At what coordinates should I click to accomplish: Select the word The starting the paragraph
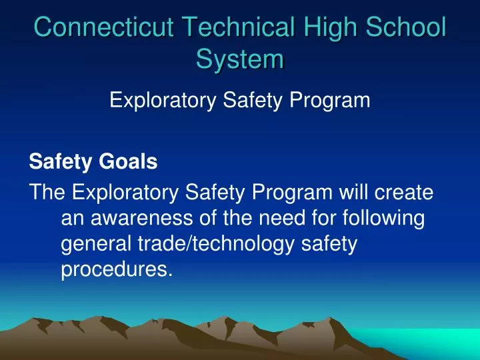point(47,193)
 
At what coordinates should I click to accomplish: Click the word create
point(407,193)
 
